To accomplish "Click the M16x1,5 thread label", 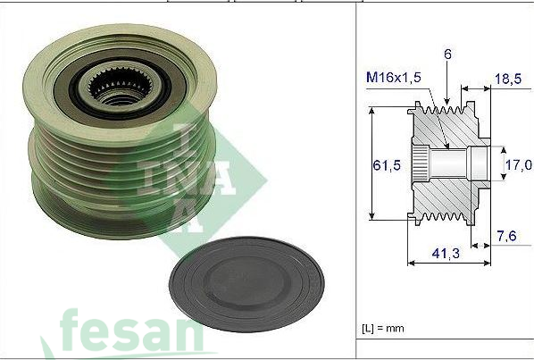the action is (393, 78).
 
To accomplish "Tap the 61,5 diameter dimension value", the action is (387, 165).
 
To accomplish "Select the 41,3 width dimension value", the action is (446, 253).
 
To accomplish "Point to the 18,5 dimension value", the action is (508, 79).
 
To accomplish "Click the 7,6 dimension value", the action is (506, 236).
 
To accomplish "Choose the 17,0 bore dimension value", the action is (518, 165).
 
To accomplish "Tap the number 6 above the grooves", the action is (447, 54).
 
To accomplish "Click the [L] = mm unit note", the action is (383, 329).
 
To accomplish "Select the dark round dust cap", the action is (246, 284).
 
